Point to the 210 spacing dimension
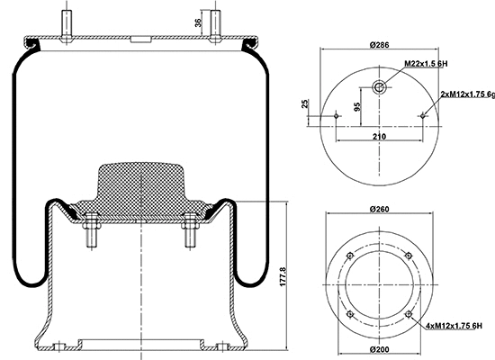click(x=379, y=135)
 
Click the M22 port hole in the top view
click(x=380, y=86)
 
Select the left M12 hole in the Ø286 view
click(x=337, y=115)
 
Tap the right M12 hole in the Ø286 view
click(x=423, y=115)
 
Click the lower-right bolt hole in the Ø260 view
click(x=409, y=313)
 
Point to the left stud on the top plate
click(x=67, y=22)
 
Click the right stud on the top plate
click(x=214, y=22)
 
